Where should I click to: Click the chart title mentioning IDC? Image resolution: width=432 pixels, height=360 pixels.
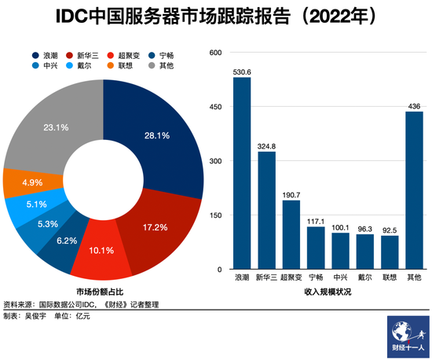pos(215,16)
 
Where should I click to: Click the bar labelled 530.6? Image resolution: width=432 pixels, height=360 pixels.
pos(241,174)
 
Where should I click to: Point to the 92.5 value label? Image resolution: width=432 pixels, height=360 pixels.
pos(390,230)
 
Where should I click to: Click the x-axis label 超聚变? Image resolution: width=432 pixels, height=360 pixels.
pos(291,278)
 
